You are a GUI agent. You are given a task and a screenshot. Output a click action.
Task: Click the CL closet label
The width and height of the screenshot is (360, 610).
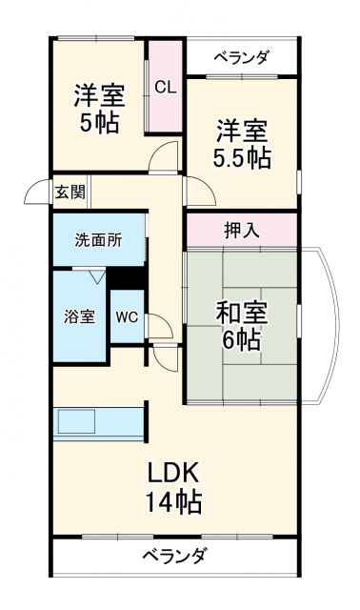pyautogui.click(x=165, y=87)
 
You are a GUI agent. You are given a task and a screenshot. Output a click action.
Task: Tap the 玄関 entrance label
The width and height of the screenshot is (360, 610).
pyautogui.click(x=69, y=192)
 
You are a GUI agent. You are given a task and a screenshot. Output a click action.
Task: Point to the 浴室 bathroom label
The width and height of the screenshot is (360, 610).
pyautogui.click(x=80, y=316)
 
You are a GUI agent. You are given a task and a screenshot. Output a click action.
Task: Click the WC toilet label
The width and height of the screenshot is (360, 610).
pyautogui.click(x=127, y=317)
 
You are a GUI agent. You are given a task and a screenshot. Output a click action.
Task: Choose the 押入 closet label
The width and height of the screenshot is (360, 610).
pyautogui.click(x=241, y=230)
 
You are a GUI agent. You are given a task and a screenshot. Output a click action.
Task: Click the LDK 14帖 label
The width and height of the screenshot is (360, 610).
pyautogui.click(x=172, y=485)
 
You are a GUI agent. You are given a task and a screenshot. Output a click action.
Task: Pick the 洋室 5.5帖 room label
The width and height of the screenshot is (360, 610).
pyautogui.click(x=241, y=143)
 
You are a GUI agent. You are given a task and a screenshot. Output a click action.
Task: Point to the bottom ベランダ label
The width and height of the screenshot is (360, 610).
pyautogui.click(x=174, y=556)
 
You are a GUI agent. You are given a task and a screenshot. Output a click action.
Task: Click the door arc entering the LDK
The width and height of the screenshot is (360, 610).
pyautogui.click(x=166, y=358)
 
